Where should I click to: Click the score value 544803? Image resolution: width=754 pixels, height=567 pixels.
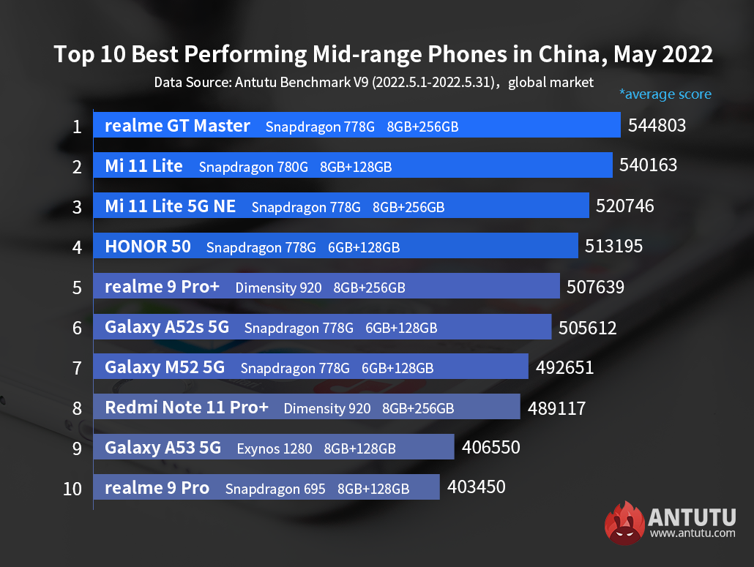pos(657,126)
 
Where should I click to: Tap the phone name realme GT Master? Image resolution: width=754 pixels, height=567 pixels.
pos(177,126)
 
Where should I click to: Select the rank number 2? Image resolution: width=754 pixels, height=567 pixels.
pos(77,167)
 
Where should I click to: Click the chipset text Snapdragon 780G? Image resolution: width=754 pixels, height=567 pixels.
pos(253,167)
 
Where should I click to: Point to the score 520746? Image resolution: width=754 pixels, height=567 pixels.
pos(625,206)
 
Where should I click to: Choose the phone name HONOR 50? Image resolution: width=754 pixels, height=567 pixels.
pos(148,247)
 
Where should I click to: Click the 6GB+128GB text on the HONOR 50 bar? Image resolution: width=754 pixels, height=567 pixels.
pos(364,247)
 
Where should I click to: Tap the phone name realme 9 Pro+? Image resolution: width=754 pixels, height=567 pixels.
pos(162,287)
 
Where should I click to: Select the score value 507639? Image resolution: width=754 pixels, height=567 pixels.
pos(595,287)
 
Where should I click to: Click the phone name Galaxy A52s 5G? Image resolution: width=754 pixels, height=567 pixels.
pos(167,327)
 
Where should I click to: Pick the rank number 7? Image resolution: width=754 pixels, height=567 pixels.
pos(77,367)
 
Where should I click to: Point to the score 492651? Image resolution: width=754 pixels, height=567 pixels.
pos(564,367)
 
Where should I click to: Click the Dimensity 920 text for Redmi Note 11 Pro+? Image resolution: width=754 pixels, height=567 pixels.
pos(327,408)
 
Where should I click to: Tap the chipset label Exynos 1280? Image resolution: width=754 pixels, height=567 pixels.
pos(275,448)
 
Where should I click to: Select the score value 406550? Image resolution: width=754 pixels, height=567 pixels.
pos(490,446)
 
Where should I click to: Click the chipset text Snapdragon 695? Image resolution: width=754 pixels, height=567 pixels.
pos(275,488)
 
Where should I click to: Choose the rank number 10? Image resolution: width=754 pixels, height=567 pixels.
pos(72,488)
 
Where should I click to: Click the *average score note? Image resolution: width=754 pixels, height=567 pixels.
pos(665,94)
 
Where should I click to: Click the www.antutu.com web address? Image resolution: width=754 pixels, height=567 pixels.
pos(692,533)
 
